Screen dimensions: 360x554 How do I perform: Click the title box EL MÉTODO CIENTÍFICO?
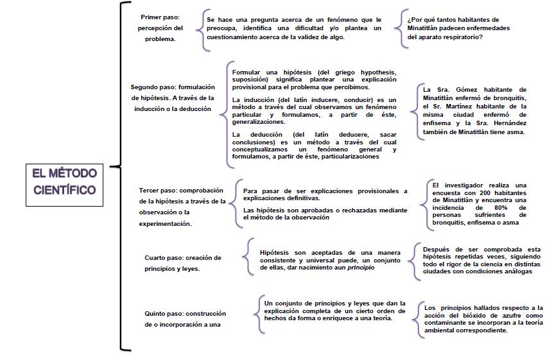pos(64,181)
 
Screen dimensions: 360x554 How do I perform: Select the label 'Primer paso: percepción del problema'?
pos(161,28)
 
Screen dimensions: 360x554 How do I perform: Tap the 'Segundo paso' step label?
pos(173,98)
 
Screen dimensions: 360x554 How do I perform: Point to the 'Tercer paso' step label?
pos(182,207)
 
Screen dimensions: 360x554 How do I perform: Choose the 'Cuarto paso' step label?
pos(183,263)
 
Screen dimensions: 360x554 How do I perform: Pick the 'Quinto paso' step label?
pos(186,319)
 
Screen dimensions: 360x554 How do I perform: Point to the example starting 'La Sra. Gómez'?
pos(474,110)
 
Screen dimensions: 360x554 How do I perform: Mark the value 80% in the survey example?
pos(501,208)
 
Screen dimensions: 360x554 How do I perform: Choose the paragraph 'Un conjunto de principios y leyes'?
pos(334,310)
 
